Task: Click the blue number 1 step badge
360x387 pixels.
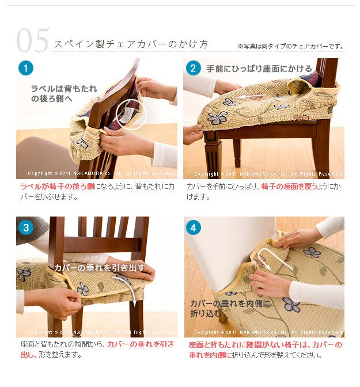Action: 26,68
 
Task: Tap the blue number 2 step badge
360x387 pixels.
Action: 193,68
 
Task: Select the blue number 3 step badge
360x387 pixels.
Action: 26,227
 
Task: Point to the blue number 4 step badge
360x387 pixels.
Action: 193,227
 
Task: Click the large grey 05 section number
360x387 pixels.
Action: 33,40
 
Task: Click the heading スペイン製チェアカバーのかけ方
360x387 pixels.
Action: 131,44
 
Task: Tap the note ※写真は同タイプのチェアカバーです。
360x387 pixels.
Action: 291,46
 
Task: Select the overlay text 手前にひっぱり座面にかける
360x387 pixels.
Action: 259,69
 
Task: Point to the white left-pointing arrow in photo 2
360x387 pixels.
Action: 251,96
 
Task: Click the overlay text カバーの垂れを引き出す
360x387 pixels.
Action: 100,268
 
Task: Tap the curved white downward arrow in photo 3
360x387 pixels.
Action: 131,289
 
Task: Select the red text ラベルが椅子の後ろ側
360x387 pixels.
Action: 57,186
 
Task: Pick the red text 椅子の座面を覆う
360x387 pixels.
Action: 289,186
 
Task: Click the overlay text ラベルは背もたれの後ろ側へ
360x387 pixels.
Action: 64,93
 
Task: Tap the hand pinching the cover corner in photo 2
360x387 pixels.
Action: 193,134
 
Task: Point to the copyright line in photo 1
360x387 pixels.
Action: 101,173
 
